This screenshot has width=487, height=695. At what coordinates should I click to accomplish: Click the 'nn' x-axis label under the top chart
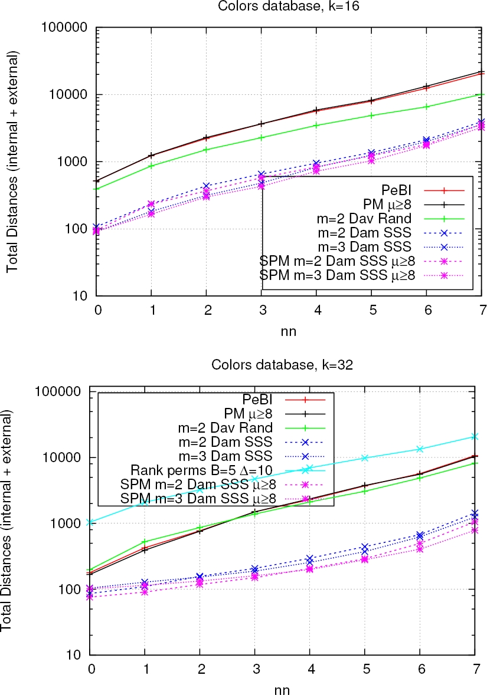[288, 331]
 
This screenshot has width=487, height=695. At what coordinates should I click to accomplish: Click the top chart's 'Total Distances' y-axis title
[12, 162]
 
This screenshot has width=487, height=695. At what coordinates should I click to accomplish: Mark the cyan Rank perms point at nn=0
[91, 522]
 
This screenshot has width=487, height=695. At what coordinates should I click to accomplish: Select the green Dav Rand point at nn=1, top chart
[152, 166]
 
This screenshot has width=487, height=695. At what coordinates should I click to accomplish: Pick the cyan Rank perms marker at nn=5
[365, 458]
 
